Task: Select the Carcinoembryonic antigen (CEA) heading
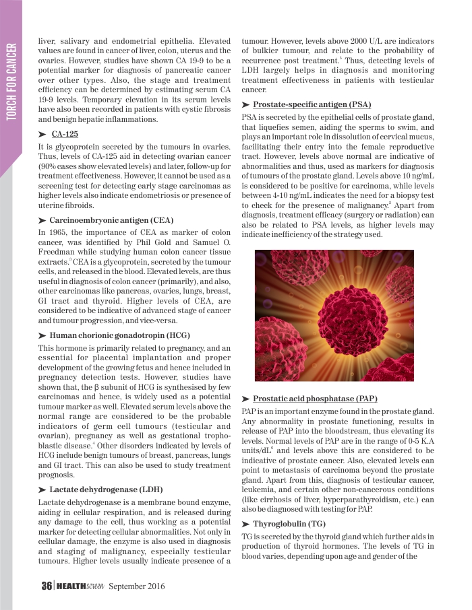click(x=111, y=220)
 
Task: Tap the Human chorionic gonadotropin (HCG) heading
click(x=120, y=335)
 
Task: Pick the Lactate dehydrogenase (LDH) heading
click(x=107, y=488)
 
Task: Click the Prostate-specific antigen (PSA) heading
click(x=312, y=104)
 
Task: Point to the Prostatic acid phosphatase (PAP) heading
click(x=315, y=399)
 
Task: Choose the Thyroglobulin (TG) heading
click(x=289, y=523)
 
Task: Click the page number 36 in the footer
click(x=47, y=586)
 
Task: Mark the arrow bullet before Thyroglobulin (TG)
click(x=245, y=524)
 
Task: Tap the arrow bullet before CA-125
click(x=43, y=135)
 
